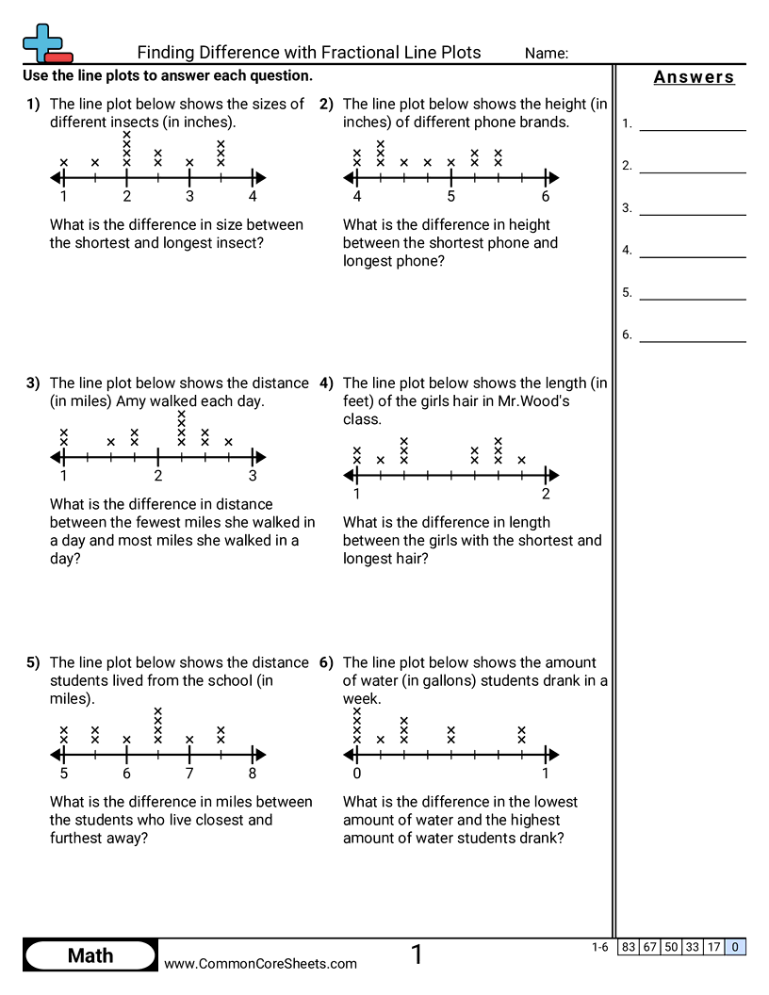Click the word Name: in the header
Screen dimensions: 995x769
(546, 54)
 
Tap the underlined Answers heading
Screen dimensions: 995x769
(694, 77)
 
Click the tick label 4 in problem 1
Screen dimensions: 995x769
(253, 197)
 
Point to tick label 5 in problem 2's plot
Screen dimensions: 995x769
(451, 197)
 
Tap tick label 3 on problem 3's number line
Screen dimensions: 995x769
(253, 476)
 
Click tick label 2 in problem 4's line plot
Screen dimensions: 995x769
(546, 494)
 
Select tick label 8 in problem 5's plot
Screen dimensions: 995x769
(253, 774)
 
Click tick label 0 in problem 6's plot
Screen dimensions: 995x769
(357, 774)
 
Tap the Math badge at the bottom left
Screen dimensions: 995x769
(90, 955)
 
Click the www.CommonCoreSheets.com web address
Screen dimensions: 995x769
(261, 963)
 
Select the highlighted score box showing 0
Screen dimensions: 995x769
(735, 947)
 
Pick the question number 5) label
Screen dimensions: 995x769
(34, 662)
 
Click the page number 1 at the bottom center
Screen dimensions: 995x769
(417, 954)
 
